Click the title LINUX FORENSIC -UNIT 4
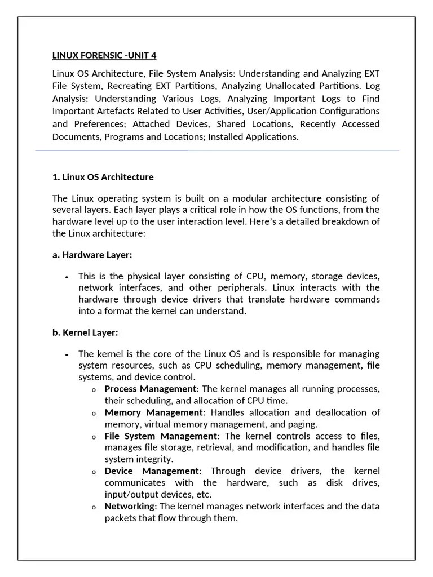pos(104,55)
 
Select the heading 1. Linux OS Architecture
pos(103,177)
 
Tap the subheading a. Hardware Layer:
pos(92,255)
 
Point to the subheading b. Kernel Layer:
pos(85,332)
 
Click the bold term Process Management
pos(151,389)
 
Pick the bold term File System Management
pos(161,436)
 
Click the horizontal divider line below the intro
pos(217,151)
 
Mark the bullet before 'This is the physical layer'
pos(67,277)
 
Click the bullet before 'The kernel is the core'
pos(67,354)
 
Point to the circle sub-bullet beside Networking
pos(94,507)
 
